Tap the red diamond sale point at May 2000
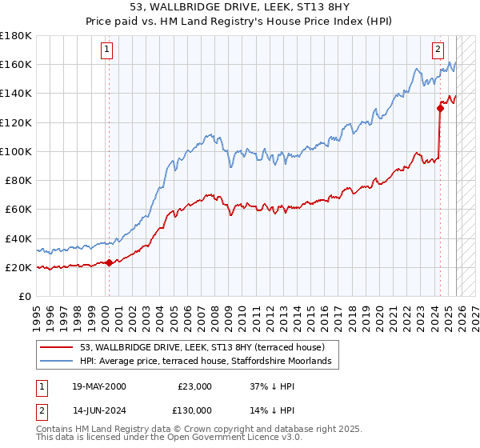pos(110,262)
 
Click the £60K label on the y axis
pos(18,210)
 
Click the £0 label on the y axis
pos(25,297)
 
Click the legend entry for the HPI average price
pos(210,362)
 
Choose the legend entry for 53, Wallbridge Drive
pos(202,348)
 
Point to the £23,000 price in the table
pos(195,386)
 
